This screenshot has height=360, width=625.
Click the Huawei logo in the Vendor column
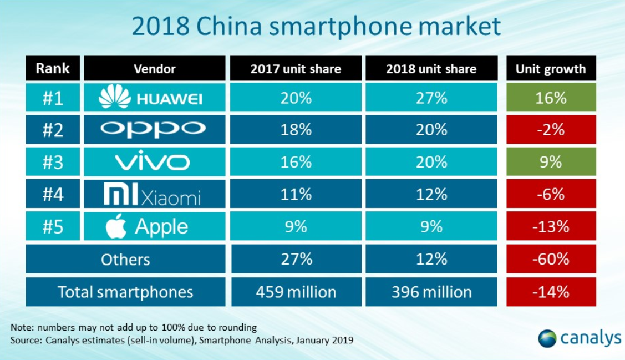[150, 98]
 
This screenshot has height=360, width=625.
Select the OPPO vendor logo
[153, 130]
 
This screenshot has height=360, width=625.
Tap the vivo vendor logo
[153, 162]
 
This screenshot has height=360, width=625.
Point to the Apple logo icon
[116, 226]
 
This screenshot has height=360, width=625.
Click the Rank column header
[53, 69]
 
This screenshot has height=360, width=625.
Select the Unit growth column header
[550, 69]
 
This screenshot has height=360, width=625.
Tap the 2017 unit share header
[296, 69]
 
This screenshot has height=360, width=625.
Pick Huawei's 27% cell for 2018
[431, 98]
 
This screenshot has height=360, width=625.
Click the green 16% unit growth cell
[551, 98]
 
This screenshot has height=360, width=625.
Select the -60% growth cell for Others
[551, 260]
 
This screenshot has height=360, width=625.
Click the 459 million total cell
[296, 292]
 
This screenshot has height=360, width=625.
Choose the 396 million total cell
[431, 292]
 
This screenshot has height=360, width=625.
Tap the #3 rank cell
[53, 162]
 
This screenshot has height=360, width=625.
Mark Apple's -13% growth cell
[551, 227]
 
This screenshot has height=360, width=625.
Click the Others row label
[125, 260]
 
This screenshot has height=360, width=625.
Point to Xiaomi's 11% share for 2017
[296, 195]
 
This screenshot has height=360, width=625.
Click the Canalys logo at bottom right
[580, 337]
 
